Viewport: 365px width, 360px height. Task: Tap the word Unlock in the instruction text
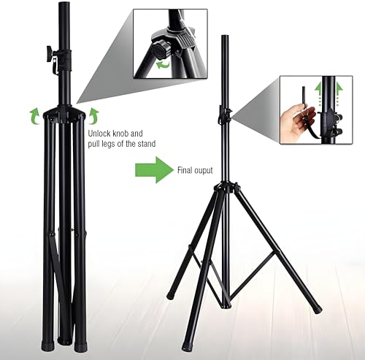[101, 134]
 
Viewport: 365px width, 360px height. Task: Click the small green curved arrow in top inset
[162, 65]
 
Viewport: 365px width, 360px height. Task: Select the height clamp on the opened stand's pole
[225, 115]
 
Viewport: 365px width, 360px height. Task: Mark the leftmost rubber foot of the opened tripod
[171, 296]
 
